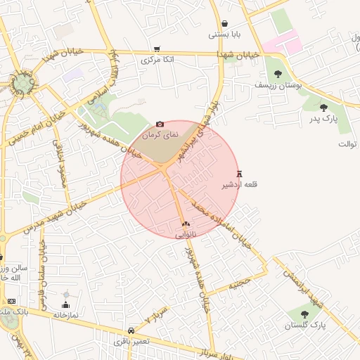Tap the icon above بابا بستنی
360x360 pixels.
pos(224,23)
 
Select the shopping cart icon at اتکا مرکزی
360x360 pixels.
pos(157,49)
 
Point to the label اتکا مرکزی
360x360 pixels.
pos(157,60)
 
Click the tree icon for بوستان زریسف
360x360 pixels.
pos(278,73)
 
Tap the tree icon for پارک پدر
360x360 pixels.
pos(323,108)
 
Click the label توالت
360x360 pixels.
pos(347,144)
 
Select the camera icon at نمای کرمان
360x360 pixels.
pos(160,124)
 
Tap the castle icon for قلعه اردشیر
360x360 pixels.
pos(240,174)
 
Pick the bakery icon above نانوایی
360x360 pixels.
pos(186,224)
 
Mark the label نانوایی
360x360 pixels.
pos(186,233)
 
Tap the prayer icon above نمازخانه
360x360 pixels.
pos(66,304)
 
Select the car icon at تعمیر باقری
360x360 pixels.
pos(131,330)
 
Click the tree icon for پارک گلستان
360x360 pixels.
pos(304,314)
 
